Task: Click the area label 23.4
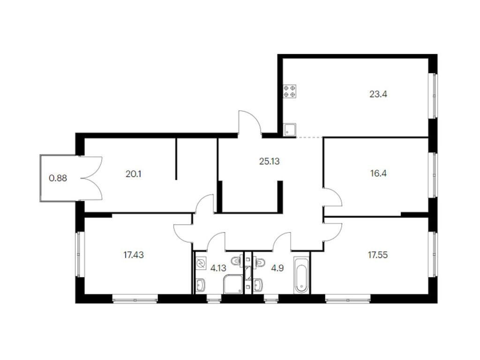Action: point(378,94)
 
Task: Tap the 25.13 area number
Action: point(270,161)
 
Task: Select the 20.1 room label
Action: point(134,174)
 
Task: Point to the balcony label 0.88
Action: point(58,178)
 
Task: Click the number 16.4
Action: point(378,173)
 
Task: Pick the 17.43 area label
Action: point(134,255)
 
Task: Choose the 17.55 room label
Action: point(378,255)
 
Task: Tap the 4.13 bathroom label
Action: point(218,268)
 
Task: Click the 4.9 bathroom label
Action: point(277,268)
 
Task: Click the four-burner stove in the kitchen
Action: point(290,91)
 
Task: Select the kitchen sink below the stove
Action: point(290,129)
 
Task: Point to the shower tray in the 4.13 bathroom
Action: point(233,285)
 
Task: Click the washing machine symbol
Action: point(201,263)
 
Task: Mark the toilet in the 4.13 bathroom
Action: point(237,262)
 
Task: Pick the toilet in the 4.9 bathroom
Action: point(260,262)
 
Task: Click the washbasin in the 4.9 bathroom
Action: point(258,285)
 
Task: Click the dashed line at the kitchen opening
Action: point(309,137)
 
